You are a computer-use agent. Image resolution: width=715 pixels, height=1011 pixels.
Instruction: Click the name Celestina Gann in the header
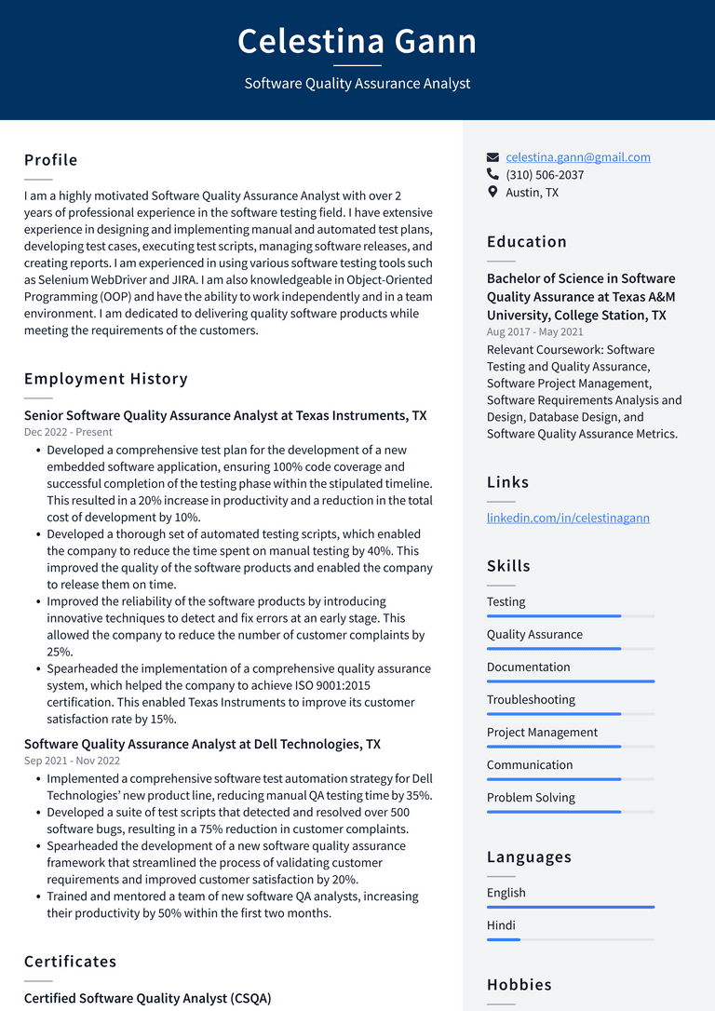tap(357, 41)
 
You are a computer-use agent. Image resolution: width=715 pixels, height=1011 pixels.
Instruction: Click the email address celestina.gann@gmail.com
tap(577, 157)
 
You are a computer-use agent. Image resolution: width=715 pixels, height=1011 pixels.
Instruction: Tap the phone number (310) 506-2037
tap(545, 175)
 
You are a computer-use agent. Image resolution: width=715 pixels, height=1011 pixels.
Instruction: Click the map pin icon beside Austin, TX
tap(492, 192)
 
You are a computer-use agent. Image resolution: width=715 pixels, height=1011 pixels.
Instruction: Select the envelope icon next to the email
tap(492, 157)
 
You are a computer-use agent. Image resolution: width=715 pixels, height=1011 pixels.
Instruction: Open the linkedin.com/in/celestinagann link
tap(568, 518)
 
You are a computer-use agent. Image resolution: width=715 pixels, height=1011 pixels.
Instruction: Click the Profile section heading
tap(51, 160)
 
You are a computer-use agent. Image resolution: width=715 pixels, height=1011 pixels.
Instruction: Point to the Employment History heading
tap(106, 379)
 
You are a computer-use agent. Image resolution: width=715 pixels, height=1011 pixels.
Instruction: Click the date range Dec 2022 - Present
tap(68, 432)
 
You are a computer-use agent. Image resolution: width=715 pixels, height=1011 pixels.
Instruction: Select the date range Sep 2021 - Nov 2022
tap(72, 761)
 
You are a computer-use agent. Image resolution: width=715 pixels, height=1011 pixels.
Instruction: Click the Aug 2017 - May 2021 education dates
tap(534, 331)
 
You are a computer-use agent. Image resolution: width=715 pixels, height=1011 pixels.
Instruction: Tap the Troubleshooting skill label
tap(531, 700)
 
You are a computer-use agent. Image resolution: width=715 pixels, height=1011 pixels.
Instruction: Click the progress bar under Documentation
tap(570, 681)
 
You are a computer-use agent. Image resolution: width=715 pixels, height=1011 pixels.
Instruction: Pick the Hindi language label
tap(501, 925)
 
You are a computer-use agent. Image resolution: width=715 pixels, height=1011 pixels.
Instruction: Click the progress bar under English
tap(570, 907)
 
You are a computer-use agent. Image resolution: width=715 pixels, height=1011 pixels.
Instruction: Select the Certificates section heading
tap(71, 962)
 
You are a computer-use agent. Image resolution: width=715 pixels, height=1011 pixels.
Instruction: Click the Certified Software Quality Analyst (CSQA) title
tap(147, 998)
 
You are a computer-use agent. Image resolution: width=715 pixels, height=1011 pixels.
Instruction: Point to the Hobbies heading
tap(519, 985)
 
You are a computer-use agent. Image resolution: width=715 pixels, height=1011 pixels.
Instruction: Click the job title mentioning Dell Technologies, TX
tap(202, 744)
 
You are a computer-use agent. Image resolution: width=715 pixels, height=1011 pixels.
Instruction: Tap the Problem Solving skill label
tap(531, 798)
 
